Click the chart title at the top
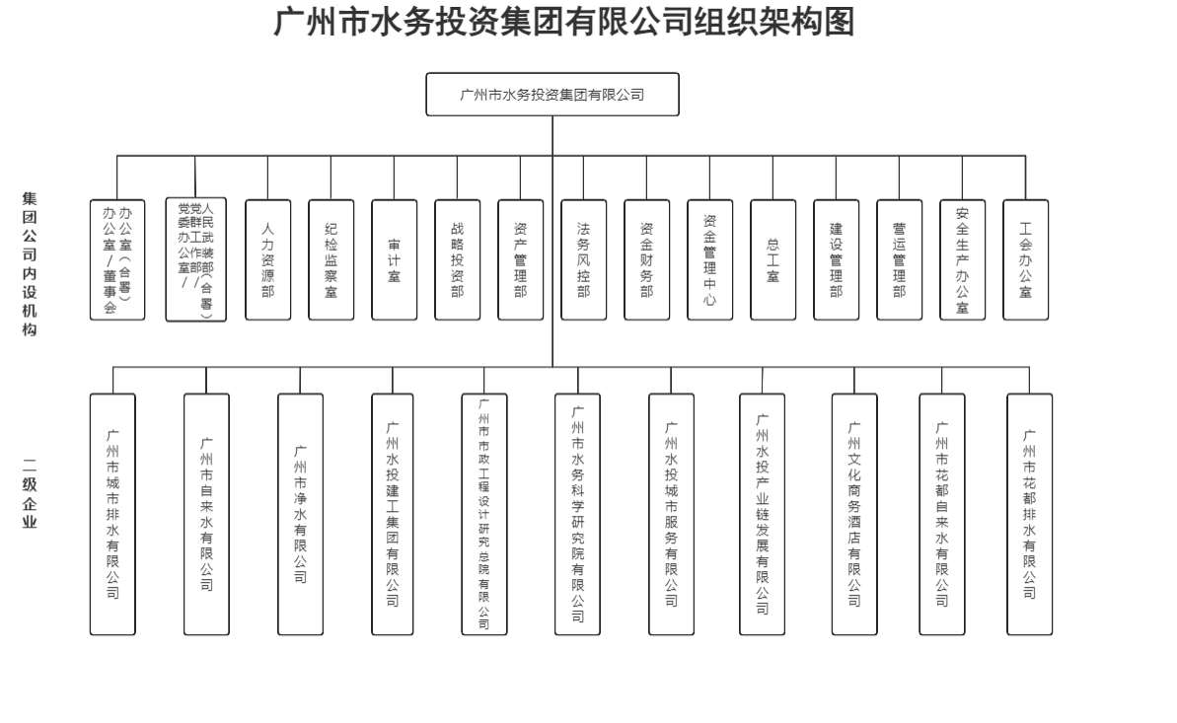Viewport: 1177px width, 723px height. click(x=563, y=24)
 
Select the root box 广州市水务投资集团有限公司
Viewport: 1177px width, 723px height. click(x=552, y=95)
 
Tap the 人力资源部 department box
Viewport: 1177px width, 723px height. click(x=267, y=260)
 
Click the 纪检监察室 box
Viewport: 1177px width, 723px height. click(x=331, y=260)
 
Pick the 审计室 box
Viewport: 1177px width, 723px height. click(x=395, y=260)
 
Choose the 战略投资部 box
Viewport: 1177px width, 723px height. click(x=458, y=260)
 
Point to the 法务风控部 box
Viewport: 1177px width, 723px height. click(x=584, y=260)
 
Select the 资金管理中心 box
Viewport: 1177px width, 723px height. click(x=710, y=260)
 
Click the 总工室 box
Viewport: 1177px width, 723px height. click(x=772, y=260)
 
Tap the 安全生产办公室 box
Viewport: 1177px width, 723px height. click(x=962, y=260)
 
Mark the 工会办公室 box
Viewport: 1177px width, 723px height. click(x=1026, y=260)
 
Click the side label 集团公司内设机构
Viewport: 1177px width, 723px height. click(x=30, y=263)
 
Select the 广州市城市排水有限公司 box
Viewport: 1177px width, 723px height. click(x=112, y=514)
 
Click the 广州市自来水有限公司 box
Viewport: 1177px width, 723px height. click(x=206, y=514)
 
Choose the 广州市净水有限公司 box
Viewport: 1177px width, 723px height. click(x=300, y=514)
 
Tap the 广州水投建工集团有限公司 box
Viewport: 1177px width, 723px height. click(x=394, y=514)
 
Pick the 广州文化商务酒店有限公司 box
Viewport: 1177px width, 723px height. click(x=854, y=514)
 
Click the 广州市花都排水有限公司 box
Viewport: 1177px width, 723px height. click(x=1029, y=514)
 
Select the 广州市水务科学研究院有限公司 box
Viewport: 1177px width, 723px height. click(x=577, y=514)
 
